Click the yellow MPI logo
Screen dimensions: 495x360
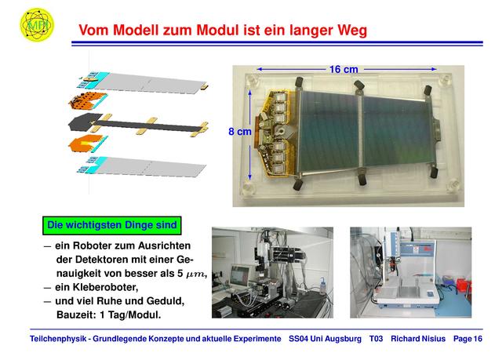click(x=37, y=24)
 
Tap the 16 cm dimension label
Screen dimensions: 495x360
click(x=344, y=70)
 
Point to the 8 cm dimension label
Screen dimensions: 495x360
click(x=240, y=131)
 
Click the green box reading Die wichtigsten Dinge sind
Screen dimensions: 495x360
click(x=112, y=225)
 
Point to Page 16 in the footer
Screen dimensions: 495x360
click(x=468, y=339)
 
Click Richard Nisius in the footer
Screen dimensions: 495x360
click(x=418, y=339)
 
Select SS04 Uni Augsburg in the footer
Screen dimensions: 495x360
click(x=325, y=339)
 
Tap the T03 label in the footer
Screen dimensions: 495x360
click(x=376, y=339)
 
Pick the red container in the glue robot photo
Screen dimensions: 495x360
click(x=463, y=285)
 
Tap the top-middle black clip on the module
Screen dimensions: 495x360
click(x=359, y=85)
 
